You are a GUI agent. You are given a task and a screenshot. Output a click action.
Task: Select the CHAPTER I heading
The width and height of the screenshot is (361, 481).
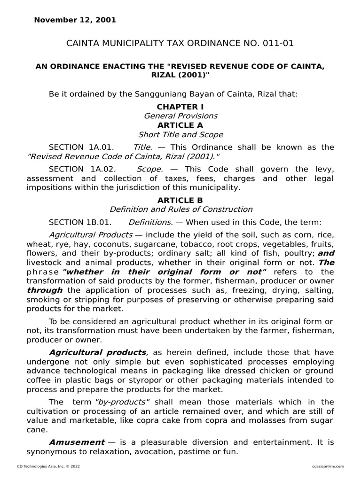tap(180, 107)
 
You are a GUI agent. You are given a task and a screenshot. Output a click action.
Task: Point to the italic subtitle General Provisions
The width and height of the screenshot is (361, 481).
tap(180, 116)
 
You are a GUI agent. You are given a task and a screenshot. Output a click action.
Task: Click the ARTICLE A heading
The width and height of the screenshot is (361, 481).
tap(180, 125)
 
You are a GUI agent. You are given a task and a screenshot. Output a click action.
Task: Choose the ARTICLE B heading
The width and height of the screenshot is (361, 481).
tap(180, 200)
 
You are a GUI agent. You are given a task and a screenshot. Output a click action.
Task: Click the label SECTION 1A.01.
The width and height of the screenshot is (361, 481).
tap(81, 147)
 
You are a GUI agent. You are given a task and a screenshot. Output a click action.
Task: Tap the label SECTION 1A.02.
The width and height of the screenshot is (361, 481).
tap(81, 169)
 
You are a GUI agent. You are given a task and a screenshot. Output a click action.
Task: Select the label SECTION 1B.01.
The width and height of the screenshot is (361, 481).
tap(81, 222)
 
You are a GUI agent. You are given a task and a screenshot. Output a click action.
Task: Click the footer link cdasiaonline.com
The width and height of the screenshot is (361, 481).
tap(328, 466)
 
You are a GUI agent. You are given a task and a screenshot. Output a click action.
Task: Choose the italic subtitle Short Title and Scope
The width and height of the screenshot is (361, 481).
tap(180, 134)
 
